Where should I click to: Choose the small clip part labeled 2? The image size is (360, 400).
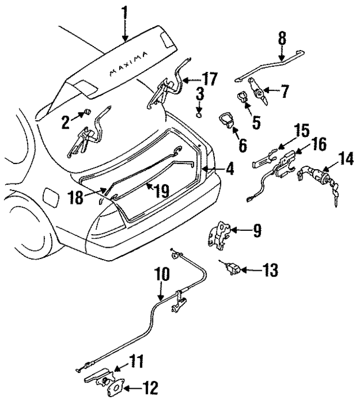(88, 113)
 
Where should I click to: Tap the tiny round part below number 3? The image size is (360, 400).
(200, 115)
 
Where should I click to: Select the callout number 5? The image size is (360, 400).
(256, 121)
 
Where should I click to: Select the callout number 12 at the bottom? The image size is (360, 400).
(150, 387)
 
